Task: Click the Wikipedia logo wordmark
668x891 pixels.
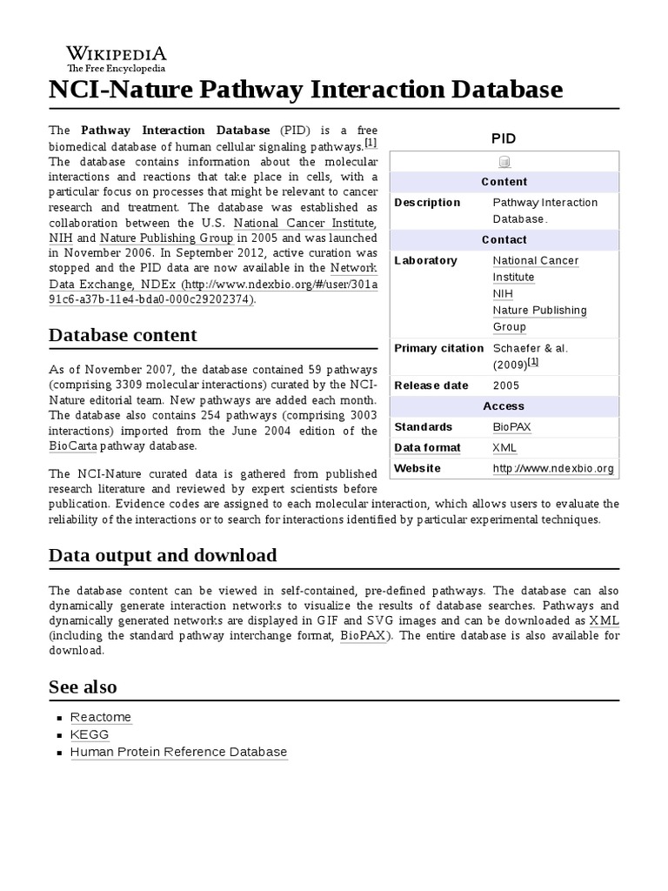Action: click(x=117, y=54)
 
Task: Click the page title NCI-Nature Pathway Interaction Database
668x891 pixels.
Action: click(x=306, y=90)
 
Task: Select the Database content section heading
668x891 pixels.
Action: click(x=123, y=335)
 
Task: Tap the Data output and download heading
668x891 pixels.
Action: click(x=163, y=555)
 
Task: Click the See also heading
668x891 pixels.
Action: click(x=83, y=687)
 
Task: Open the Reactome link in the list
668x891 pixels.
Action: click(x=101, y=718)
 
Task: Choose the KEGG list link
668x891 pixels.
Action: click(x=90, y=734)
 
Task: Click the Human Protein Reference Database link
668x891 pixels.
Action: click(x=178, y=752)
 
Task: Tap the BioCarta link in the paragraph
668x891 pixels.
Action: click(x=73, y=446)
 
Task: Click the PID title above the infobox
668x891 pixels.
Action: click(x=504, y=138)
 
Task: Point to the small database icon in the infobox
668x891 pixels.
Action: click(x=504, y=162)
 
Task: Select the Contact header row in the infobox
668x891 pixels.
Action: click(x=504, y=239)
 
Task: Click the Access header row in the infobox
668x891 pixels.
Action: click(x=504, y=406)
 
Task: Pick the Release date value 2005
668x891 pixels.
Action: click(x=506, y=385)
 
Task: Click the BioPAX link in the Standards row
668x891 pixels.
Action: click(x=511, y=427)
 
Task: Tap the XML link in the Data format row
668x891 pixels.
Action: click(x=504, y=448)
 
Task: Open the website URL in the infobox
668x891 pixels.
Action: click(x=553, y=469)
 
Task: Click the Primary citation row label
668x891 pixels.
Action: click(x=438, y=348)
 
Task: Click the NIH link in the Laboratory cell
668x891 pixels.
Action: click(x=502, y=294)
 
